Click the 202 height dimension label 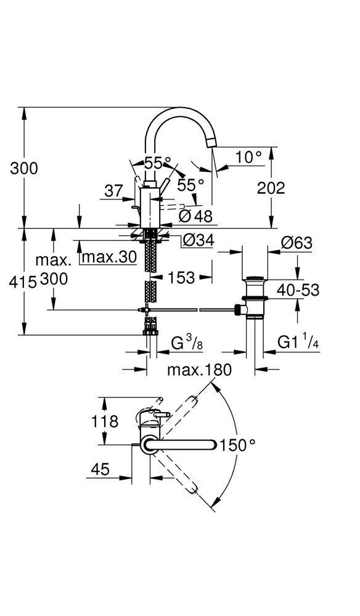point(271,188)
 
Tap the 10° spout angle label point(248,157)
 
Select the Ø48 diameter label point(195,216)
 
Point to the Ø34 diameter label point(199,240)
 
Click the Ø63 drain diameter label point(297,243)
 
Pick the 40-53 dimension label point(298,290)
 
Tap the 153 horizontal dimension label point(181,278)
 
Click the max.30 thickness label point(109,257)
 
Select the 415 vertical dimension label point(23,282)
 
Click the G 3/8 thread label point(187,344)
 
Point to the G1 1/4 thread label point(298,342)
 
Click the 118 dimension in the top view point(105,421)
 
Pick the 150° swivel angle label point(238,445)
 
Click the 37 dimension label point(113,192)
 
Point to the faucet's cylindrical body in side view point(149,207)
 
